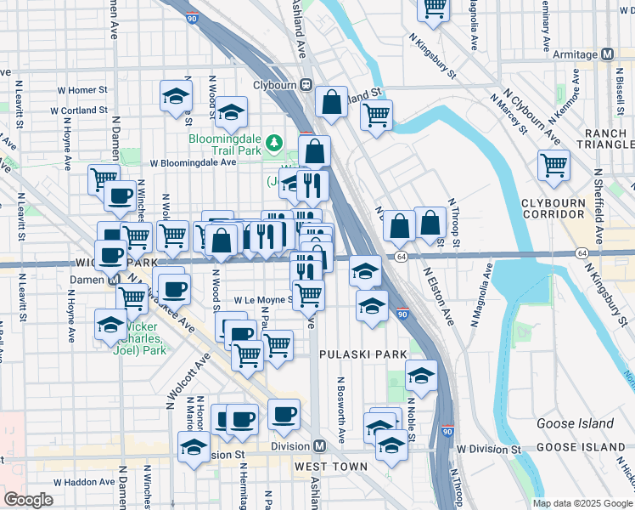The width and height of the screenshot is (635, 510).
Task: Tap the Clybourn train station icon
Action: tap(305, 85)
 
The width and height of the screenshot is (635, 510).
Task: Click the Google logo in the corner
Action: tap(28, 500)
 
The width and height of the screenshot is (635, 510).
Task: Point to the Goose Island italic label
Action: tap(575, 423)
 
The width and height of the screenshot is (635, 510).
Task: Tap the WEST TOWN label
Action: tap(331, 467)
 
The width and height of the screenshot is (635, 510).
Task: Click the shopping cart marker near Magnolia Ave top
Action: tap(434, 8)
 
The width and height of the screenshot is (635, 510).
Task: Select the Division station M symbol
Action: tap(320, 446)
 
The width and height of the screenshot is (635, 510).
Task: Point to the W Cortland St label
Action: tap(78, 110)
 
